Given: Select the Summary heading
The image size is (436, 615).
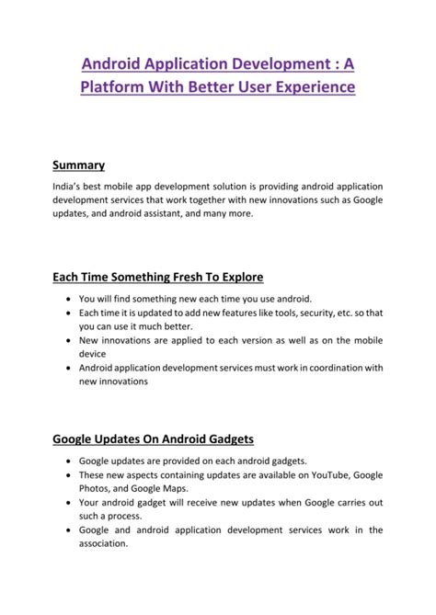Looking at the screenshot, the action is point(78,165).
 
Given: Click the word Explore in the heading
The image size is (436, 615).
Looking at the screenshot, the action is point(238,277).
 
